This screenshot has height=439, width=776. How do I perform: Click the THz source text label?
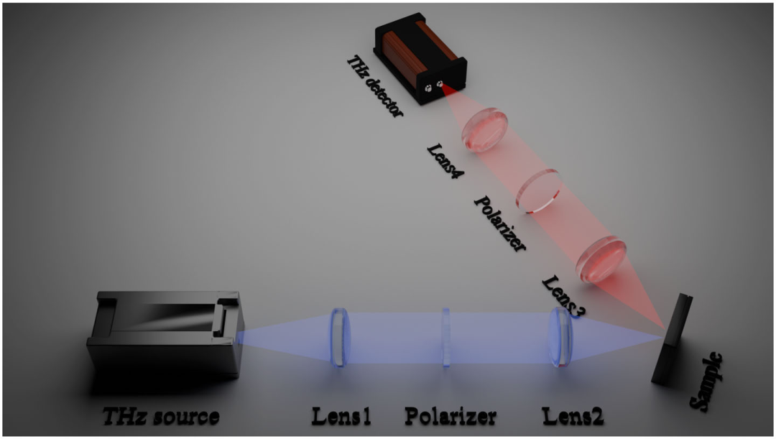point(161,417)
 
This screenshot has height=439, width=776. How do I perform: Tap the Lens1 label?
point(341,416)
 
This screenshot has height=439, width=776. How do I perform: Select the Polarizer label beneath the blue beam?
point(451,416)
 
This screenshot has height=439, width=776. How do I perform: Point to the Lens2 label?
point(573,416)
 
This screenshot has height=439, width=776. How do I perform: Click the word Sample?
point(706,382)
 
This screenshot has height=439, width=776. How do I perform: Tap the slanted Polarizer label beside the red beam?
point(500,223)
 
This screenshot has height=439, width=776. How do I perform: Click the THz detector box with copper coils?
point(420,58)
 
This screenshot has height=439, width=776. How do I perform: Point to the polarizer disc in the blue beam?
point(446,338)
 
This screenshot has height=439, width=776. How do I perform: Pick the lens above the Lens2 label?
point(560,337)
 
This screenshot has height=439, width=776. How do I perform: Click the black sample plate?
point(672,339)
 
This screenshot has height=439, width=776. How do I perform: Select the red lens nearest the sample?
point(601,259)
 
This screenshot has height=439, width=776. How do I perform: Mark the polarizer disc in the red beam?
point(539,190)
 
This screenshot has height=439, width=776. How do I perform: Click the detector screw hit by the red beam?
point(440,84)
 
